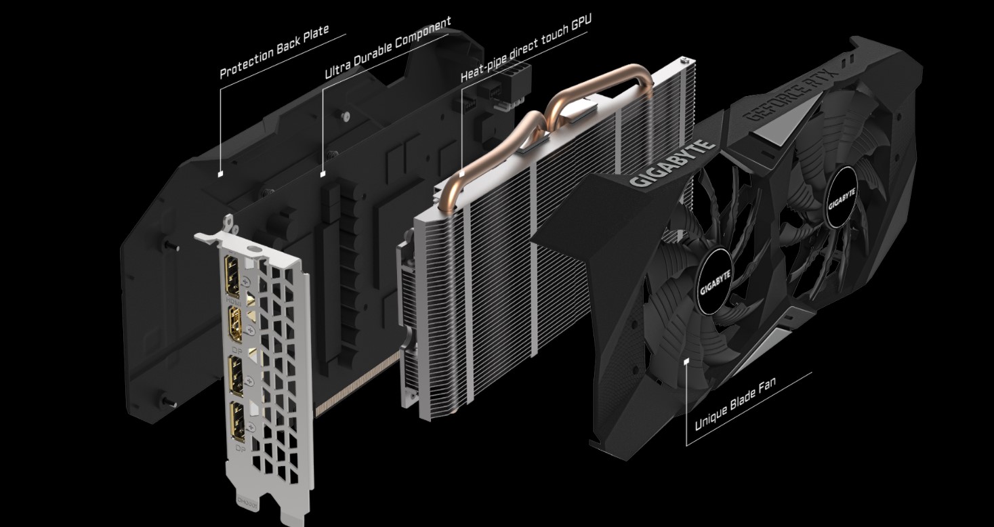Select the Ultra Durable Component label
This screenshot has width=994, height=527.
[388, 48]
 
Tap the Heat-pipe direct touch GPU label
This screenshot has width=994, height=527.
[526, 47]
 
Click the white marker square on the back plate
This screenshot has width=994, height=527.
[220, 173]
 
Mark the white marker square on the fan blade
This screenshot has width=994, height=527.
[687, 362]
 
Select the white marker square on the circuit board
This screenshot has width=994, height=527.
[323, 173]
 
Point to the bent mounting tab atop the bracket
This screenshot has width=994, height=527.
[228, 222]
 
